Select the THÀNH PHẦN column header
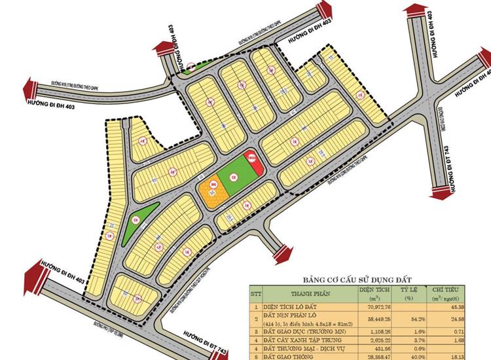point(301,291)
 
